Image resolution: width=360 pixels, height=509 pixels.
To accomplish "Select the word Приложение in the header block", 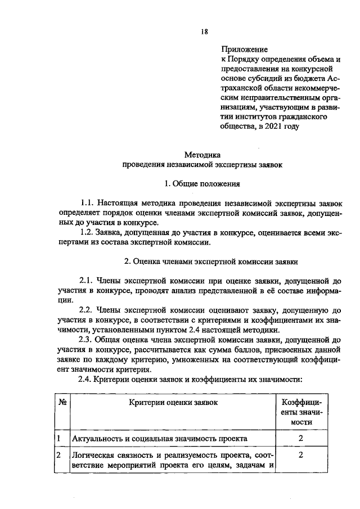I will click(244, 50).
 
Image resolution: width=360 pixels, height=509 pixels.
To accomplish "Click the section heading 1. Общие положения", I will click(202, 183).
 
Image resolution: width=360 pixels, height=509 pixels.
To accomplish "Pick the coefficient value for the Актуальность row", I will click(301, 438).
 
